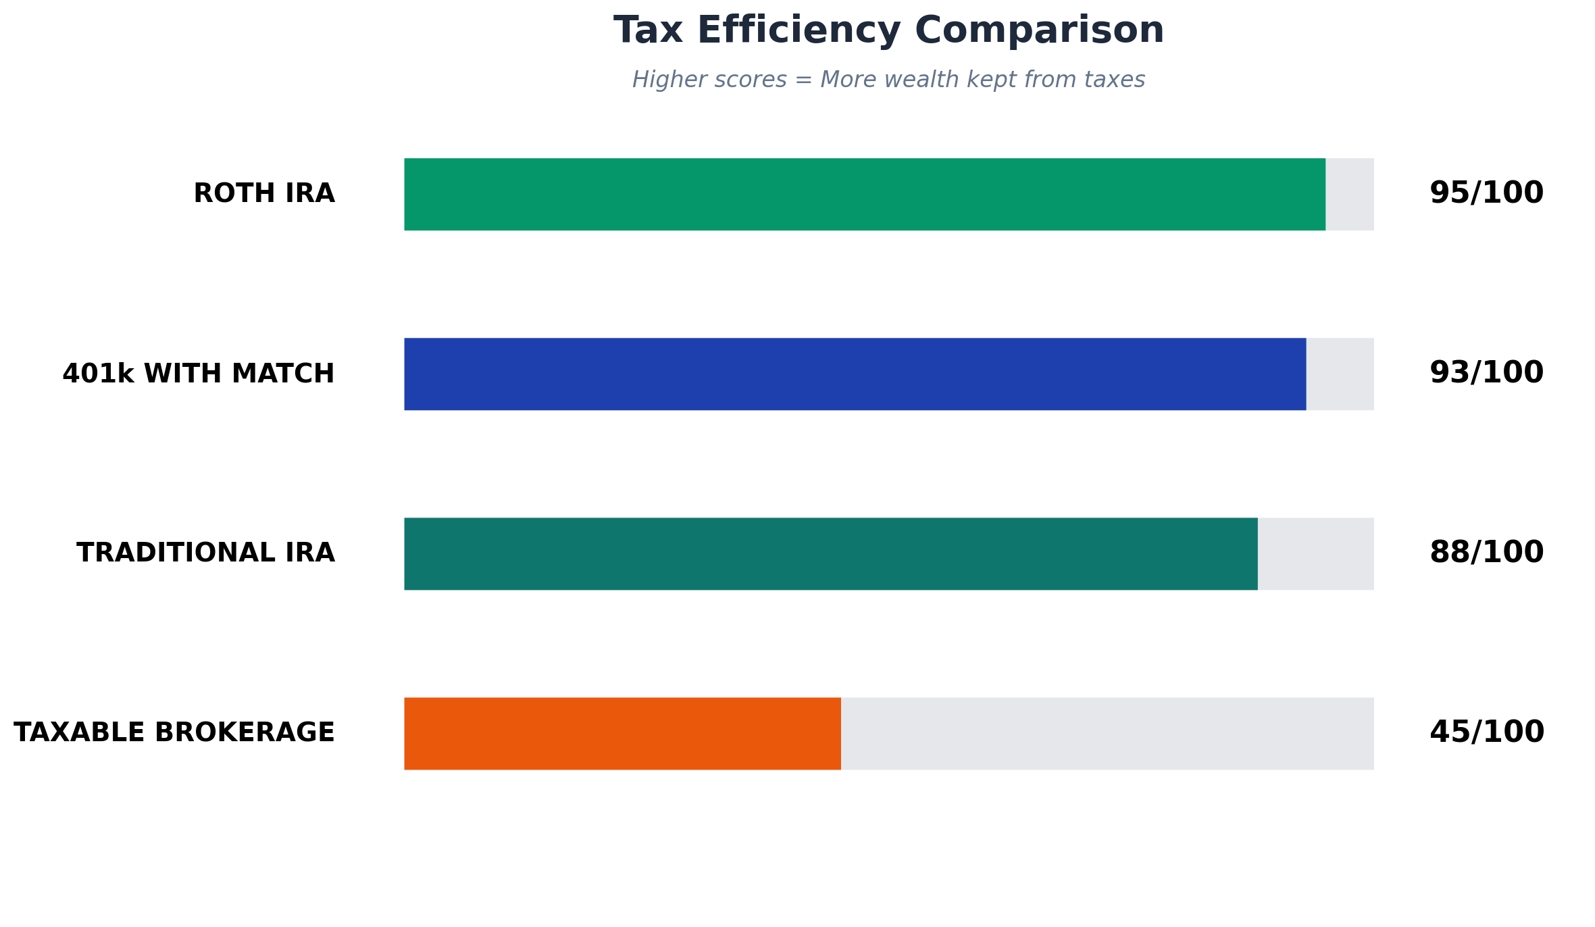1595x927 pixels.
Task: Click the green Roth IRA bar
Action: coord(865,195)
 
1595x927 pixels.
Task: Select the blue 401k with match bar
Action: coord(855,374)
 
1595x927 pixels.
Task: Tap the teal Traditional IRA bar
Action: coord(831,554)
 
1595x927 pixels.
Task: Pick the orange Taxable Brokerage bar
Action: coord(622,734)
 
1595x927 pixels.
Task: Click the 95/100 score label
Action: coord(1486,193)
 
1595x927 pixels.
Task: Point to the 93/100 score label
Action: coord(1486,373)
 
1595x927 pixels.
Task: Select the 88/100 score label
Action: coord(1486,553)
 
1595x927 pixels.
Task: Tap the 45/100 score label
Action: coord(1486,732)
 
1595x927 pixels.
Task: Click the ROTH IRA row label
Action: coord(263,194)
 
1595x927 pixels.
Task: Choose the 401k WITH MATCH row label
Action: coord(199,374)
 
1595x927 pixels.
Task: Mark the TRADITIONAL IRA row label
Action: coord(205,553)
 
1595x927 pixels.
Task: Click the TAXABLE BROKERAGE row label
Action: coord(174,733)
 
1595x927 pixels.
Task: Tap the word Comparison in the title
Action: coord(1039,31)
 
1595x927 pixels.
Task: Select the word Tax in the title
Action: coord(647,31)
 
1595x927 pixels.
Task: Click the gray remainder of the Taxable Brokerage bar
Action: coord(1107,734)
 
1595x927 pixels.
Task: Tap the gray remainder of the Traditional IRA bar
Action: coord(1315,554)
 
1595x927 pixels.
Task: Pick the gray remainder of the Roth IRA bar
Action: coord(1349,195)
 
